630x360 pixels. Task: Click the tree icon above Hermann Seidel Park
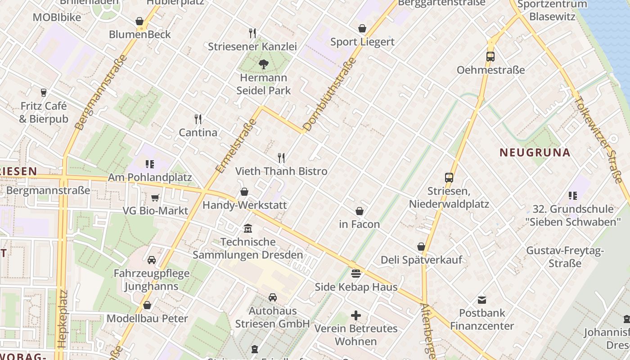[264, 64]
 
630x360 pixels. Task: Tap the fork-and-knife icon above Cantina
[198, 119]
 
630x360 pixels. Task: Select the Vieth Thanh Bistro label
[281, 171]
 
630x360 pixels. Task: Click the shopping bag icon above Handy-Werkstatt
[244, 192]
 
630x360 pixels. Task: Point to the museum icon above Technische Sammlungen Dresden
[248, 229]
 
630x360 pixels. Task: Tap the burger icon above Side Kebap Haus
[356, 274]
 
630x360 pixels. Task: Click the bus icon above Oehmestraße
[490, 57]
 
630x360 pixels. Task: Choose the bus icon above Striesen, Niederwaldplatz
[449, 178]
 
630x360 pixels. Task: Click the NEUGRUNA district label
[535, 153]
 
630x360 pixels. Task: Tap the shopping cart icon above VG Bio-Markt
[155, 198]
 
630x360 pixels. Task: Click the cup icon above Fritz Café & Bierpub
[44, 93]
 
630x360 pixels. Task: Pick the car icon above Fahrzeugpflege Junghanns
[152, 260]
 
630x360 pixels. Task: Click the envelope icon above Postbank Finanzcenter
[482, 300]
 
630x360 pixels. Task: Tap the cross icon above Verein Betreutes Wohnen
[356, 315]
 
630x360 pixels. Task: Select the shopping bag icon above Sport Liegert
[362, 29]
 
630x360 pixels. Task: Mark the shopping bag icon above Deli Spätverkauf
[421, 247]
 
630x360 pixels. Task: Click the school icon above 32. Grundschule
[573, 196]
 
